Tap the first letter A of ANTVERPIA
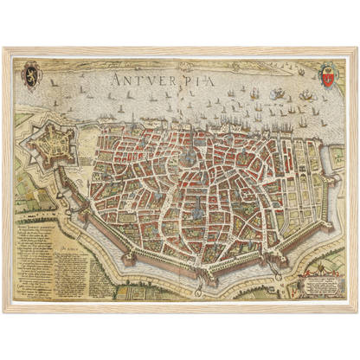pyautogui.click(x=117, y=79)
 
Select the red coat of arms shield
pyautogui.click(x=326, y=76)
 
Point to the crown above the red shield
pyautogui.click(x=326, y=66)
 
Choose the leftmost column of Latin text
pyautogui.click(x=33, y=251)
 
